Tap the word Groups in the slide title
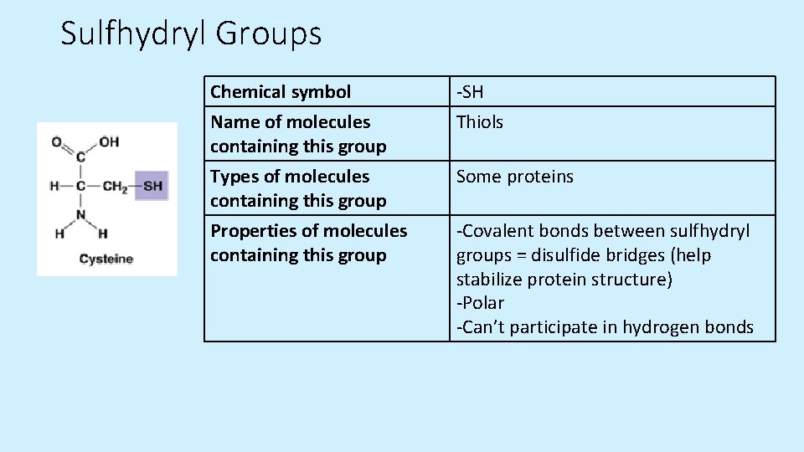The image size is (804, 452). pos(269,34)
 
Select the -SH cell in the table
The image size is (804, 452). pos(471,91)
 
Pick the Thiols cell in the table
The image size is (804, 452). pos(480,122)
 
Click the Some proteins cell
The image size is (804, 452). pos(515,177)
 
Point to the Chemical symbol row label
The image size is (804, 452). pos(281,91)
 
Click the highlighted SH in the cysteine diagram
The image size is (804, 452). pos(152,186)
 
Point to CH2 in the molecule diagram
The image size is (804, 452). pos(115,186)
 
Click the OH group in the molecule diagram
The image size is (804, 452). pos(109,141)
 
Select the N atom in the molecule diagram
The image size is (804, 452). pos(81,214)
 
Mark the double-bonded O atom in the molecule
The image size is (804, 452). pos(56,141)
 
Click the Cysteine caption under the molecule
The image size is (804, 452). pos(106,259)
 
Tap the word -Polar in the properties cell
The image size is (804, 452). pos(480,303)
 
